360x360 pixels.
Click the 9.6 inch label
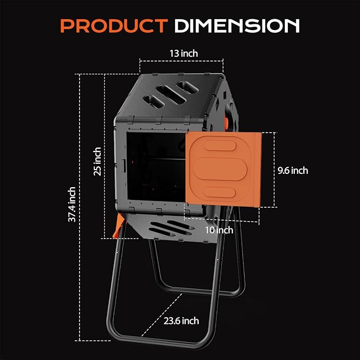[x=293, y=171]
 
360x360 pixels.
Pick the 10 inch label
[x=218, y=230]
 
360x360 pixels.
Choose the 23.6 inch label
[x=181, y=320]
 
